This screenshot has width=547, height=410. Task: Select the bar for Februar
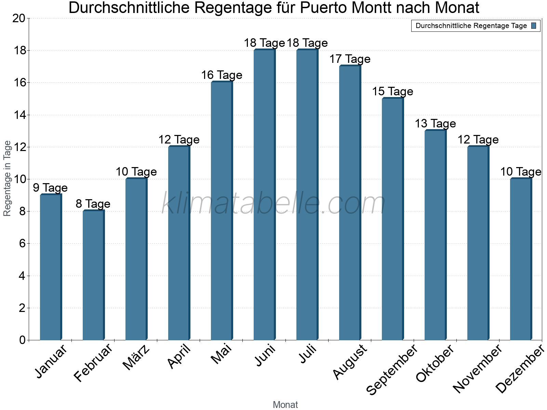93,275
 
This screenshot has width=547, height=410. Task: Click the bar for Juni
264,195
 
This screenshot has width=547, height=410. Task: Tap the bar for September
392,219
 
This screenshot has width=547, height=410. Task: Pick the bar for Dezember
521,259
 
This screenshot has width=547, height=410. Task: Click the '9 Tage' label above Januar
50,188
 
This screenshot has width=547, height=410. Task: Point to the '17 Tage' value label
350,59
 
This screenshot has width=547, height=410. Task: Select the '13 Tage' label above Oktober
435,123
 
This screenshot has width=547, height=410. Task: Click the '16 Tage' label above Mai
222,75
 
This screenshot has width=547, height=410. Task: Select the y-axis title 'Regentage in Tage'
7,178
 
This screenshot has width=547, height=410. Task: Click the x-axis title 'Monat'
285,405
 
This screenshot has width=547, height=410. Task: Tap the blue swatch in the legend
534,26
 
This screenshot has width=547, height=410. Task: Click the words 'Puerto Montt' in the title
344,8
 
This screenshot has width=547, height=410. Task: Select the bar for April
179,243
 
